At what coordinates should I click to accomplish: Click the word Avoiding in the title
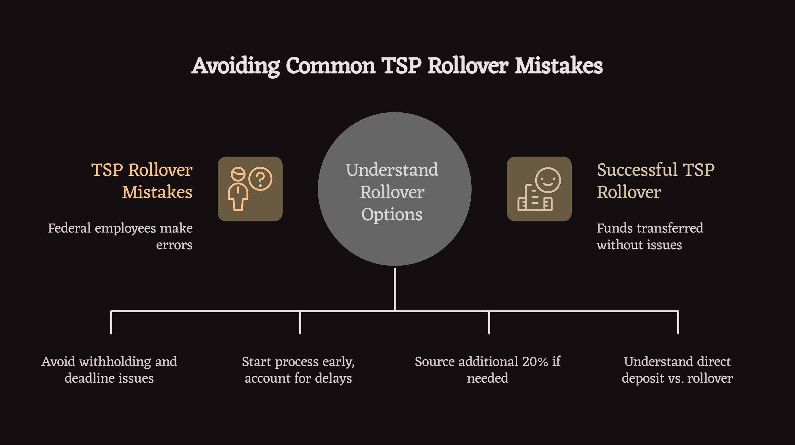point(236,66)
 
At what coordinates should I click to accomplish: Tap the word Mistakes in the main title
point(558,66)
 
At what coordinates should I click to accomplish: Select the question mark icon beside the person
point(260,179)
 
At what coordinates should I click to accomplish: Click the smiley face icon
point(548,180)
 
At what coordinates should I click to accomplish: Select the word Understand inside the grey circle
point(392,170)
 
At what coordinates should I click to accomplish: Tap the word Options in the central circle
point(392,214)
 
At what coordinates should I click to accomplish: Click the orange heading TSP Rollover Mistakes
point(142,181)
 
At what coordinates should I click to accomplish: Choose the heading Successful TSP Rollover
point(655,181)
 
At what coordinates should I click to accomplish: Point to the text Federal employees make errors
point(120,236)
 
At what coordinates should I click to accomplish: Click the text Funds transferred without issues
point(650,236)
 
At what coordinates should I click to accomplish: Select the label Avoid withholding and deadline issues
point(109,370)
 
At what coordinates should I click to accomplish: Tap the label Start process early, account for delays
point(298,370)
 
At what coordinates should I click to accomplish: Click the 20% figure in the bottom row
point(535,361)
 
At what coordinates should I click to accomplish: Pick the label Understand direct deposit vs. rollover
point(677,370)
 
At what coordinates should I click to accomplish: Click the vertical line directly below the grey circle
point(395,289)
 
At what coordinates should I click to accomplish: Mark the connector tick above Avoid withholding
point(111,323)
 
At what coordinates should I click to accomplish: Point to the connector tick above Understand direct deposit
point(678,323)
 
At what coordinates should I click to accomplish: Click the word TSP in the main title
point(402,66)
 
